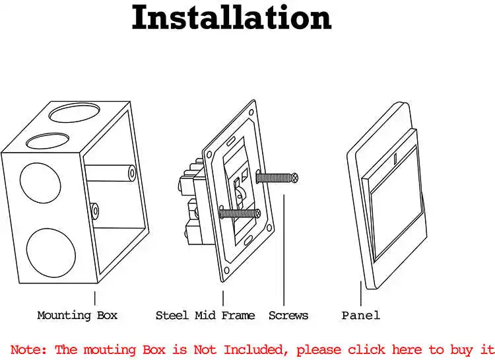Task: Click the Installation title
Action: [x=231, y=18]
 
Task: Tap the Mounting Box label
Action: [x=77, y=315]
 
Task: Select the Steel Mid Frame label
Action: [x=205, y=315]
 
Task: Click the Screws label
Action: [x=288, y=315]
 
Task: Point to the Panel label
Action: [x=360, y=315]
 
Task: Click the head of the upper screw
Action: [x=296, y=177]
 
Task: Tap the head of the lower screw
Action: [x=260, y=213]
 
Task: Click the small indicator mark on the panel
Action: [x=395, y=159]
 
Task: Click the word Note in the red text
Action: [x=28, y=349]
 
